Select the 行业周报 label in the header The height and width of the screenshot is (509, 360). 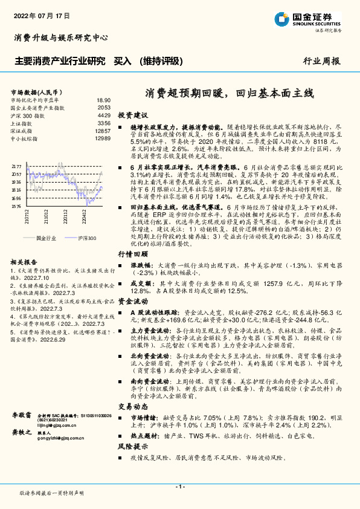point(321,61)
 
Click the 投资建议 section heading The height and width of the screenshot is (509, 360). point(132,115)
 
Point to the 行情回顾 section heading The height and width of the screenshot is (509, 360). point(132,271)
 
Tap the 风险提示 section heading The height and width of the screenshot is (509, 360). point(132,446)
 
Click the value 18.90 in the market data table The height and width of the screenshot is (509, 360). point(103,100)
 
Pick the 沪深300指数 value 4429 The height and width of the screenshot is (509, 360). point(103,115)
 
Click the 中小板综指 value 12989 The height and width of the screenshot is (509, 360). point(102,138)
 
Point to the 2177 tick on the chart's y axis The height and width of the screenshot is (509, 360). point(16,166)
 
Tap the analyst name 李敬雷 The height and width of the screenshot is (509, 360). point(21,416)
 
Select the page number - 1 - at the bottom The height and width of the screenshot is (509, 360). point(179,487)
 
